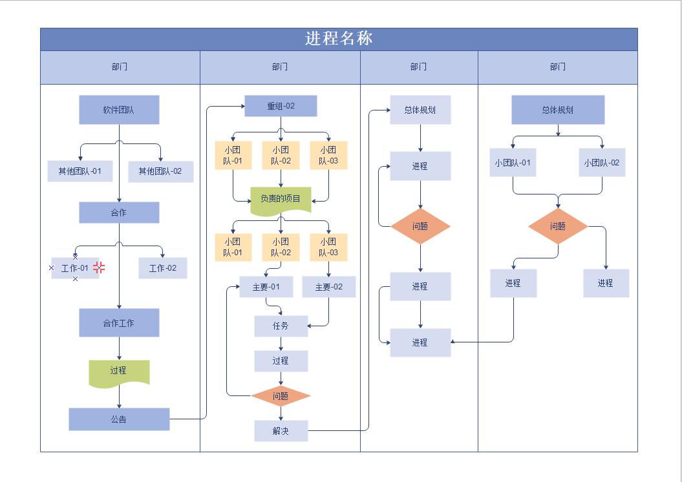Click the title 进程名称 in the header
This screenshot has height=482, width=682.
point(339,39)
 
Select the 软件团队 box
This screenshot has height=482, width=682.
point(119,110)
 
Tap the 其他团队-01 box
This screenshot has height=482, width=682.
point(80,171)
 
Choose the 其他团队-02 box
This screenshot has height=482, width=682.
point(160,171)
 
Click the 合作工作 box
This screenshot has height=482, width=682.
point(119,322)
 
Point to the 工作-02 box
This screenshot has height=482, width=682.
point(163,268)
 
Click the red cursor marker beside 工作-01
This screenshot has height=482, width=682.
point(99,267)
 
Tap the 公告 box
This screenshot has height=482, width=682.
point(119,419)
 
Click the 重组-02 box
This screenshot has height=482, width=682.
point(281,106)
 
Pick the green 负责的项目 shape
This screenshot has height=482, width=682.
point(281,199)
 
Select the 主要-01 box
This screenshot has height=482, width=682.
point(266,287)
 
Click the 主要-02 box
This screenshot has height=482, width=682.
point(329,287)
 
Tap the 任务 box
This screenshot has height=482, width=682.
point(281,326)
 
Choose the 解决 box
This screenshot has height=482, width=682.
point(281,431)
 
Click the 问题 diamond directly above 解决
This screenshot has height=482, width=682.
point(281,396)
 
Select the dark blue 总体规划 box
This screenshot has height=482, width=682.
point(558,110)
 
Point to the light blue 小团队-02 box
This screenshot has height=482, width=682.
point(602,163)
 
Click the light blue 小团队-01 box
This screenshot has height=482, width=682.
point(513,163)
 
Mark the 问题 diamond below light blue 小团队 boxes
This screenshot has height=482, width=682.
point(558,226)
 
